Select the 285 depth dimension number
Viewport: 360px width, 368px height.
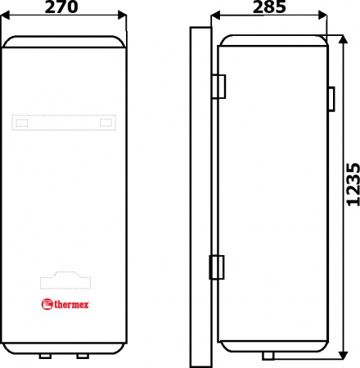pos(268,7)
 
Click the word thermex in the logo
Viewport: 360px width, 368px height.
pos(72,306)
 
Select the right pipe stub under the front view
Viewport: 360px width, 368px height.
pos(82,357)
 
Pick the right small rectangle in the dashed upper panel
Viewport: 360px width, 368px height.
pos(106,123)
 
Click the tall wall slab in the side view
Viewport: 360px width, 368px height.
pos(200,196)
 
